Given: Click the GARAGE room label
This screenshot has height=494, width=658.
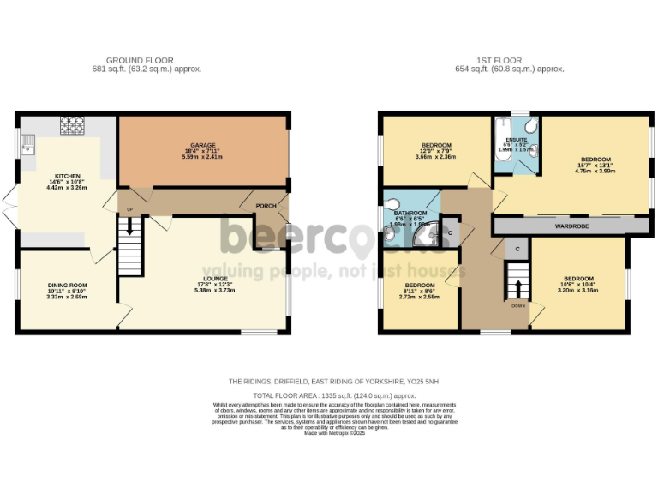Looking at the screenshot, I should pos(203,145).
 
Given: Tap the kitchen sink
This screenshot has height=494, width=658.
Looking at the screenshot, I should pos(27,143).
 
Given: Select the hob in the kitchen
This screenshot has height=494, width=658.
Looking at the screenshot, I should pos(69,125).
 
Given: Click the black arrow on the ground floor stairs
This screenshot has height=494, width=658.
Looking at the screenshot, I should pos(130,226).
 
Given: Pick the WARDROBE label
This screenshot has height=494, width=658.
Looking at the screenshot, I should pos(569,226).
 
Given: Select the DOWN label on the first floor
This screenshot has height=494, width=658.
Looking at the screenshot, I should pos(518,305).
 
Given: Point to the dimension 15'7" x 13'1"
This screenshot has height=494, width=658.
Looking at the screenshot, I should pos(595,166).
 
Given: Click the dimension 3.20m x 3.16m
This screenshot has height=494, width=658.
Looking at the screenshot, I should pos(578,291).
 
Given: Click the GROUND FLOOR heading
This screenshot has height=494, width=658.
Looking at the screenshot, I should pos(147,61).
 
